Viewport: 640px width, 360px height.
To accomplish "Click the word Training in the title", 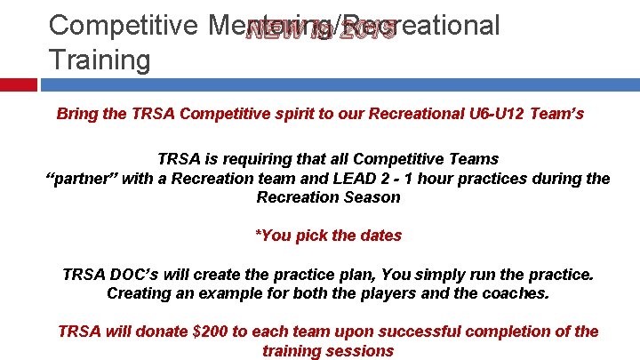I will click(100, 60).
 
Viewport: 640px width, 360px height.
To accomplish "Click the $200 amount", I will click(212, 332).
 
